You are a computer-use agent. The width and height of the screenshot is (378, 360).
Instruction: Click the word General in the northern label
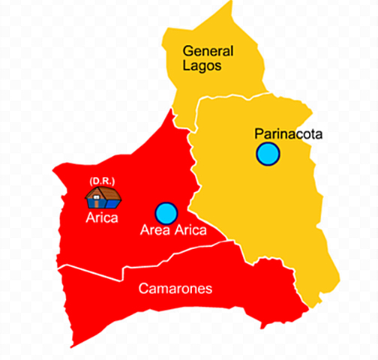point(208,52)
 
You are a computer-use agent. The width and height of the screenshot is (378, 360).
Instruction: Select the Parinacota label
point(288,134)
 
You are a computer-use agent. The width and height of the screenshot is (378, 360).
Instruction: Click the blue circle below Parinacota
point(267,154)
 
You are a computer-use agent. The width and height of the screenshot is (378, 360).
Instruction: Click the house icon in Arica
point(103,197)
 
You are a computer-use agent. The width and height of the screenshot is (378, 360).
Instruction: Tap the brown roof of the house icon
point(103,193)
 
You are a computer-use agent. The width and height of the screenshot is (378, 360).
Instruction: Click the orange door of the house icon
point(100,202)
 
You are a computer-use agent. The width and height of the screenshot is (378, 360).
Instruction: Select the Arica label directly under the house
point(101,218)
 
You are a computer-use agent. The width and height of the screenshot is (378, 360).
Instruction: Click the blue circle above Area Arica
point(166,213)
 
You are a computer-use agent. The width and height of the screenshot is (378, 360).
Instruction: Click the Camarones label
point(175,289)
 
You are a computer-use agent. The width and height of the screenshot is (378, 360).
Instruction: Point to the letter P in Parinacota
point(259,134)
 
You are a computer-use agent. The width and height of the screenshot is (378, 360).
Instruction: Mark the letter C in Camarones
point(143,289)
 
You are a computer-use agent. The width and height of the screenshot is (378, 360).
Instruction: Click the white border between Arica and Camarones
point(90,271)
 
